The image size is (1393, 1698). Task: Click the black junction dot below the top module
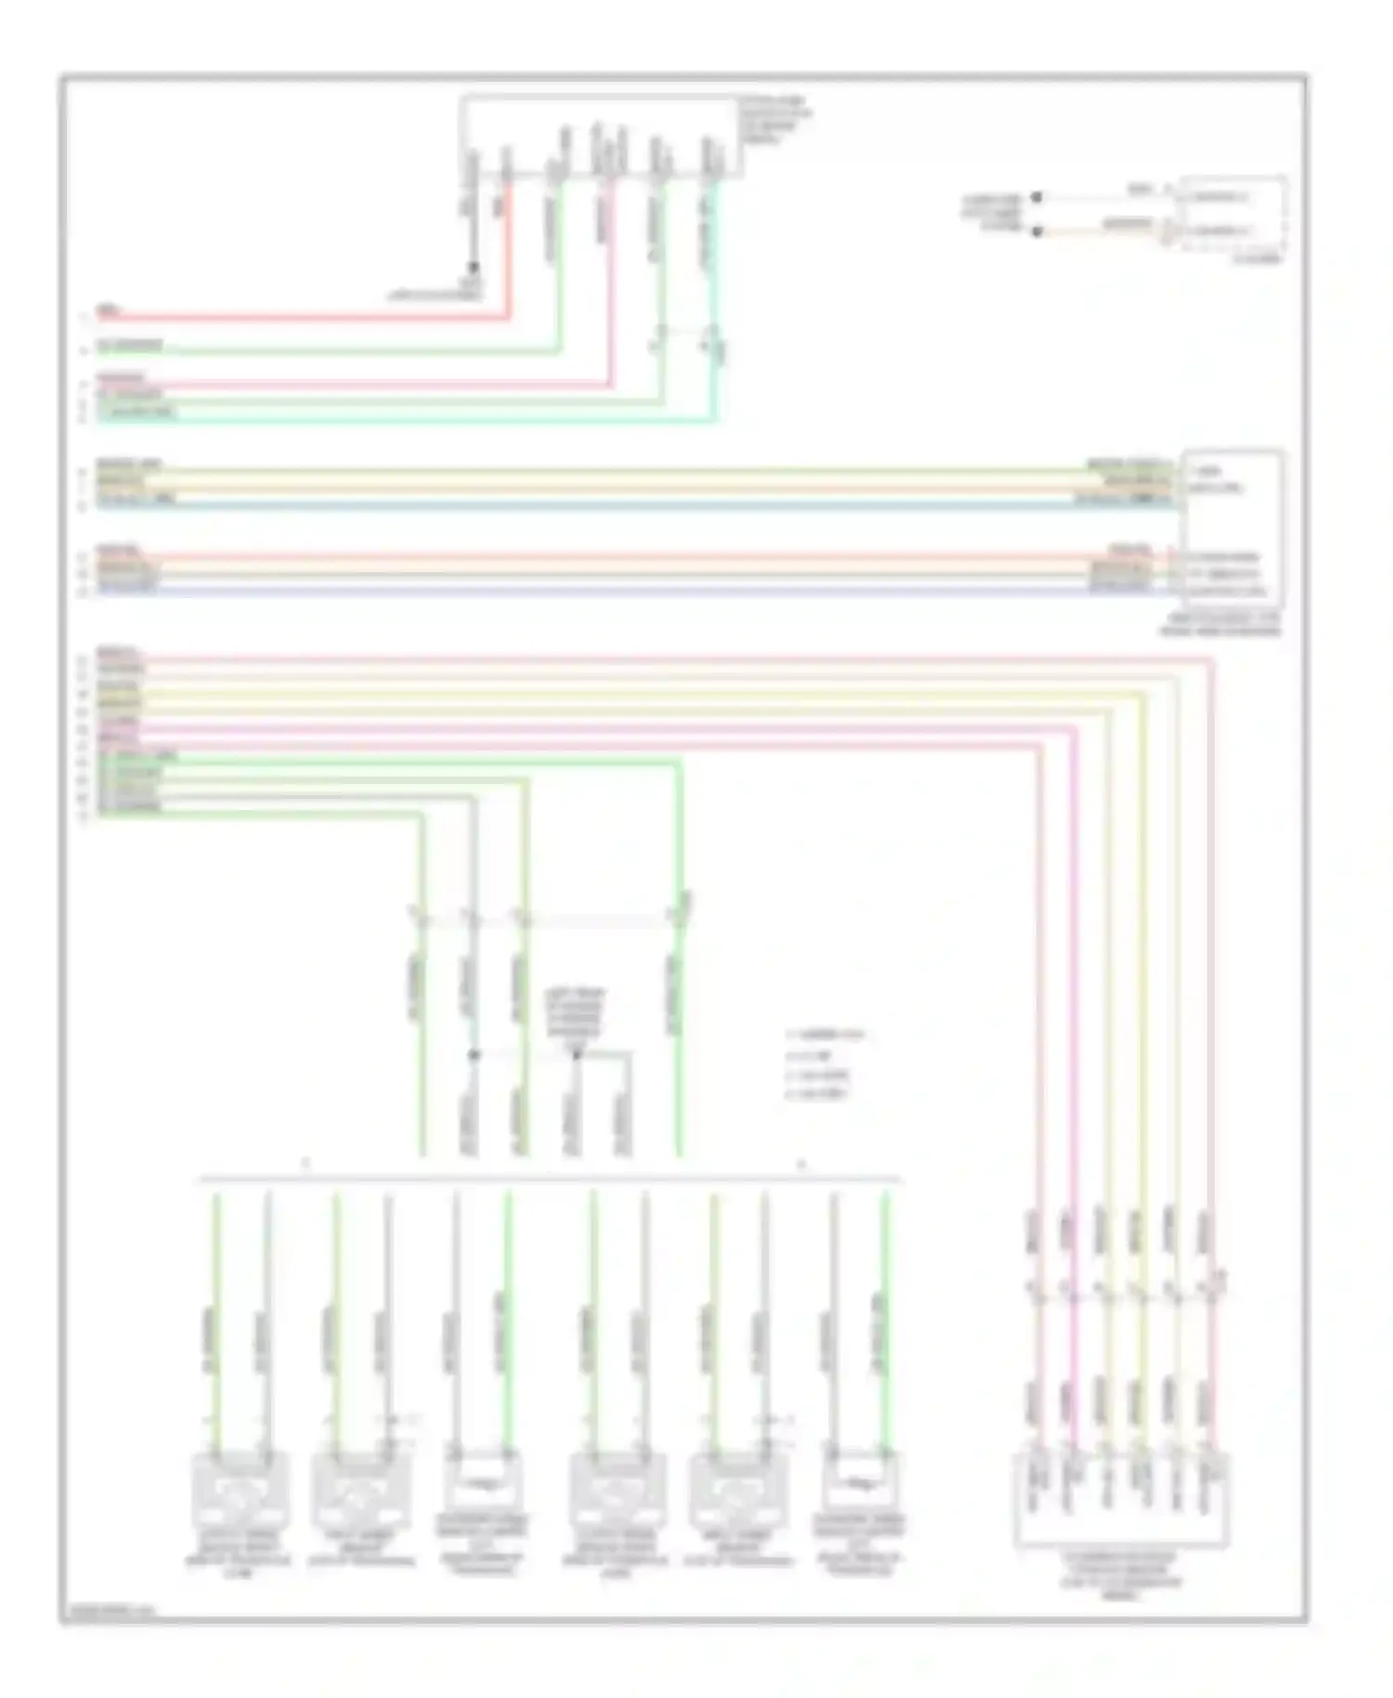click(x=473, y=267)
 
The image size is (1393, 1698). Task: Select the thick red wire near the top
click(x=306, y=318)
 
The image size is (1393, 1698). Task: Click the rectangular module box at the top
click(x=601, y=136)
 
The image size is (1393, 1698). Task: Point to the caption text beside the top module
click(x=775, y=120)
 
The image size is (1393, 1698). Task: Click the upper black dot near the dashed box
click(x=1037, y=198)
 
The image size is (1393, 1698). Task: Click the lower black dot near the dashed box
click(x=1037, y=231)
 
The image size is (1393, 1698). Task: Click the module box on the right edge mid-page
click(x=1232, y=528)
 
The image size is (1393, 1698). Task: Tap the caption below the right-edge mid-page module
click(x=1220, y=624)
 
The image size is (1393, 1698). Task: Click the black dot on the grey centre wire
click(x=474, y=1055)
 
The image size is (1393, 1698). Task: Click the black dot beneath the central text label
click(x=576, y=1054)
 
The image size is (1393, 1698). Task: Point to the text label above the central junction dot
click(x=575, y=1013)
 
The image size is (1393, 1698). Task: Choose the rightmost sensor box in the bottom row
click(x=859, y=1485)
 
